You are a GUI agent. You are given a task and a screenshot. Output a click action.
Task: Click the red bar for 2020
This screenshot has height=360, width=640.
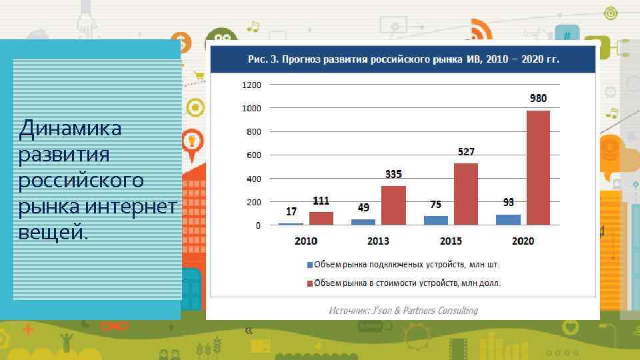tap(538, 168)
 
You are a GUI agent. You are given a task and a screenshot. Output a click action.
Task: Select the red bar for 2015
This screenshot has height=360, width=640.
tap(465, 194)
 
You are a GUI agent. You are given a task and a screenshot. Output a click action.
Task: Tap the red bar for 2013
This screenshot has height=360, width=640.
tap(393, 205)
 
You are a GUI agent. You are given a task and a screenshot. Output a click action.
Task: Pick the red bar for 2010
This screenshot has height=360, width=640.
tap(321, 219)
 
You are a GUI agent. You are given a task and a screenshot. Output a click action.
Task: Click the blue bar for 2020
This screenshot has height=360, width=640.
tap(508, 219)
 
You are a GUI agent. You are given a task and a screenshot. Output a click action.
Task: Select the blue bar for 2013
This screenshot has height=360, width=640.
tap(363, 222)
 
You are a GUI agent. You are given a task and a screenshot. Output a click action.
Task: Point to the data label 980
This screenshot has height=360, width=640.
tap(538, 98)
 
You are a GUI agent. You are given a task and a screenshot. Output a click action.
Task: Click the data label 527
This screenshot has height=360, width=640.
tap(465, 152)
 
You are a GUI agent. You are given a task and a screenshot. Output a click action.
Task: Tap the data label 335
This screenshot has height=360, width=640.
tap(393, 174)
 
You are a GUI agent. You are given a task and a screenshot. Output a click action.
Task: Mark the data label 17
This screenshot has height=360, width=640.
tap(291, 212)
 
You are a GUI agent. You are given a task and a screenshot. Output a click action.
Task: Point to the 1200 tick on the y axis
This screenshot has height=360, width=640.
tap(251, 85)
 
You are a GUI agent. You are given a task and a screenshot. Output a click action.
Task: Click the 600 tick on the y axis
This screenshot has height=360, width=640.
tap(254, 155)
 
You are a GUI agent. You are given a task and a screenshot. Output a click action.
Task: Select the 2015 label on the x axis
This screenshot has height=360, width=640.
tap(451, 241)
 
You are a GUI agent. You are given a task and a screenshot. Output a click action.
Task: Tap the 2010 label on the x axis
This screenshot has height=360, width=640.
tap(306, 241)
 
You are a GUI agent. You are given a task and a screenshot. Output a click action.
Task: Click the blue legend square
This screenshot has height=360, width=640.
tap(309, 265)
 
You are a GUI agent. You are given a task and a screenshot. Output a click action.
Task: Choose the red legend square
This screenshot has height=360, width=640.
tap(309, 283)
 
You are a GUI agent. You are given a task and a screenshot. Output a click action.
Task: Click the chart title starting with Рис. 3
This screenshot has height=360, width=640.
tap(403, 59)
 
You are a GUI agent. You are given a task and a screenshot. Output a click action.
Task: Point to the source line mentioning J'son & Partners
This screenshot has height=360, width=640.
tap(403, 311)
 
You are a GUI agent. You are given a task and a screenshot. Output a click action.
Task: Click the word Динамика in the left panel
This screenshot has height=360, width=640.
tap(71, 128)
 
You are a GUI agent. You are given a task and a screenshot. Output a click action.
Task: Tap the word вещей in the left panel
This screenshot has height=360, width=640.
tap(52, 234)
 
